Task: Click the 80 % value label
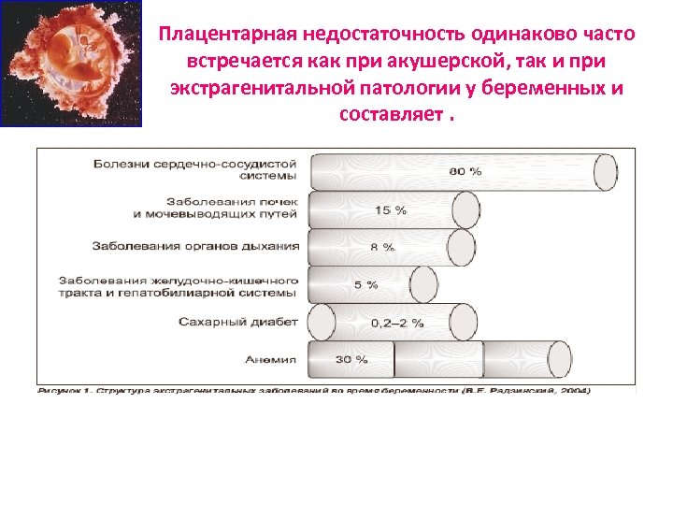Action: [x=465, y=172]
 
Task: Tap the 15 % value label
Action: [x=391, y=210]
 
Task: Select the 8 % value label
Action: [x=382, y=248]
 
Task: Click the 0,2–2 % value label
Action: [x=397, y=323]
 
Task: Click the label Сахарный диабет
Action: [x=237, y=322]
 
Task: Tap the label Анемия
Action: [x=271, y=359]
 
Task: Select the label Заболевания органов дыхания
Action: [x=195, y=247]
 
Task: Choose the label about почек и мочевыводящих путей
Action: [x=215, y=209]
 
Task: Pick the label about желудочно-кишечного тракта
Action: [x=179, y=285]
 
